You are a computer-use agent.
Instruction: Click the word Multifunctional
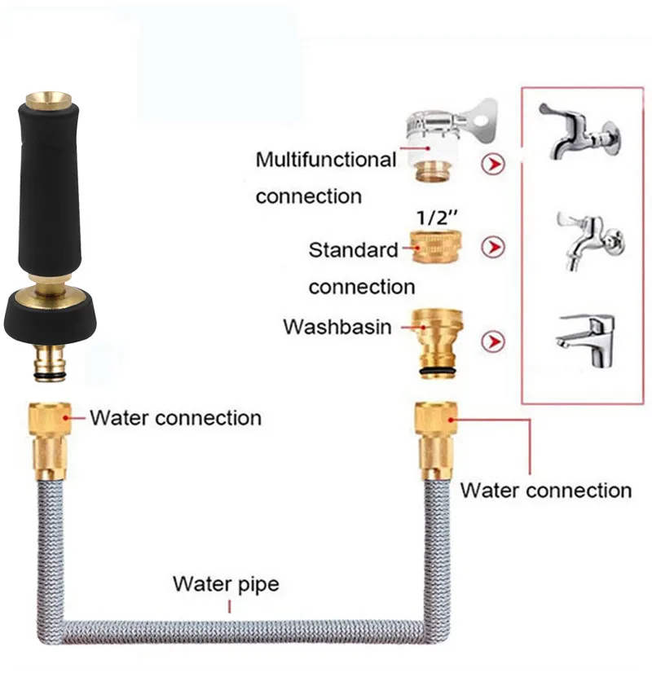tap(325, 160)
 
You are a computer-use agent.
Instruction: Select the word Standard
tap(353, 250)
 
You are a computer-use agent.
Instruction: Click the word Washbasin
tap(337, 327)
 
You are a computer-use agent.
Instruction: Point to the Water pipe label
tap(225, 584)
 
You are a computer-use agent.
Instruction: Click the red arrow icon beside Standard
tap(493, 247)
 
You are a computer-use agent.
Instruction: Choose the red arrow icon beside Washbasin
tap(493, 341)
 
